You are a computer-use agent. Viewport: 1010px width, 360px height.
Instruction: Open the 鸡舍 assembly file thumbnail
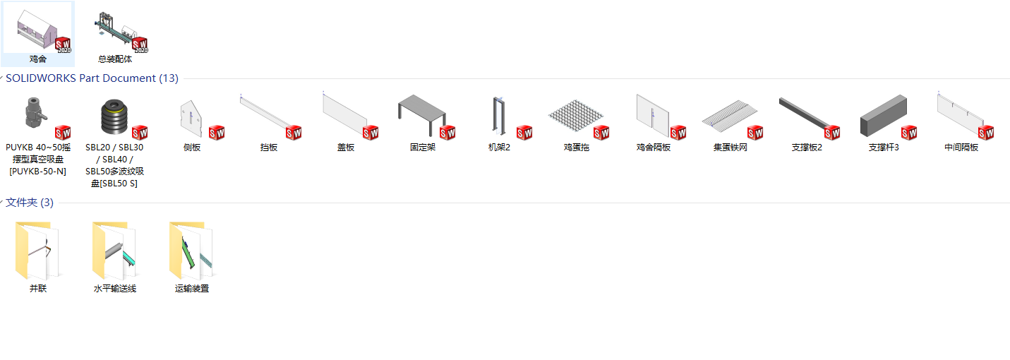[38, 30]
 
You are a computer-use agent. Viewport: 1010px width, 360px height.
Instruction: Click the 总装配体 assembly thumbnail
[115, 30]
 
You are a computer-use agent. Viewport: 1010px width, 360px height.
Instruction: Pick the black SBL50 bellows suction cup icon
[114, 116]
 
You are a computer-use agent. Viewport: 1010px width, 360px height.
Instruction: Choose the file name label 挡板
[268, 148]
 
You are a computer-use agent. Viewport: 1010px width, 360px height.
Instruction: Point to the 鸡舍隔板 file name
[653, 148]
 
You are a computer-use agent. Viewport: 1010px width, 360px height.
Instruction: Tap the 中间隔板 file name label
[961, 148]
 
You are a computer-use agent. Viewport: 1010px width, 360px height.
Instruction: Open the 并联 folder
[38, 251]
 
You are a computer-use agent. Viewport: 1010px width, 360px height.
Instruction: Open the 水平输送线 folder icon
[114, 251]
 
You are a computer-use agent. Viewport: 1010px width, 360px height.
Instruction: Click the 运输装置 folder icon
[191, 251]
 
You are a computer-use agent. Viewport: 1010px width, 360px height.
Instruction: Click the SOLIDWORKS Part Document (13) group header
[92, 78]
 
